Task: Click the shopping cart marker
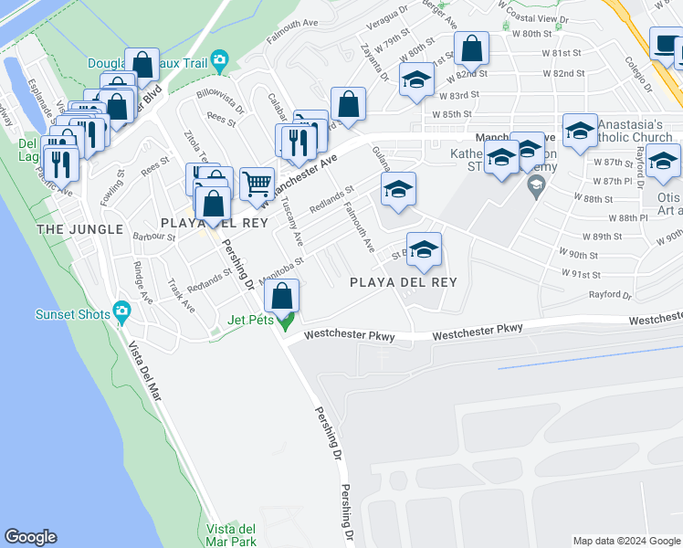(x=257, y=183)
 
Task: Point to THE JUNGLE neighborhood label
(x=79, y=229)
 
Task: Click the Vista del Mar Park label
(x=230, y=535)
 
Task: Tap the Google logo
(x=30, y=537)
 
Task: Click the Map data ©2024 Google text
(x=625, y=541)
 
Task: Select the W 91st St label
(x=583, y=274)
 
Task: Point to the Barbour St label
(x=153, y=237)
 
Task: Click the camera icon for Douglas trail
(x=219, y=62)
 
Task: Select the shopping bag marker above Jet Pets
(x=283, y=295)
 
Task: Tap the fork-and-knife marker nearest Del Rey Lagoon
(x=61, y=164)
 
